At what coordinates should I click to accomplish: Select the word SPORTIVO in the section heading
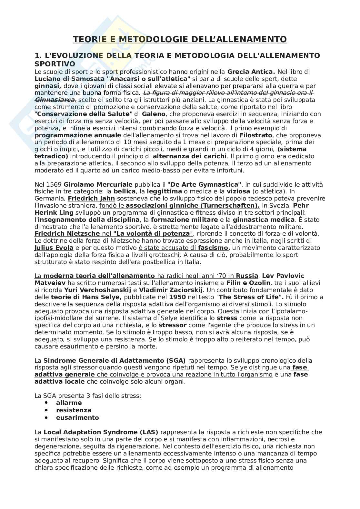(x=55, y=64)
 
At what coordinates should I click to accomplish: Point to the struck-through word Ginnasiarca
(x=55, y=100)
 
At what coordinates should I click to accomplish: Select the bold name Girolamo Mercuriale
(x=98, y=185)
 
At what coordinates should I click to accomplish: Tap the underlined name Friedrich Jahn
(x=91, y=199)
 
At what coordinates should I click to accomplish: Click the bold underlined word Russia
(x=247, y=276)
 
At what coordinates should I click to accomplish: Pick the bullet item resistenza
(x=74, y=410)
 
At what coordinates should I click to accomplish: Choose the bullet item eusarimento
(x=77, y=418)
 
